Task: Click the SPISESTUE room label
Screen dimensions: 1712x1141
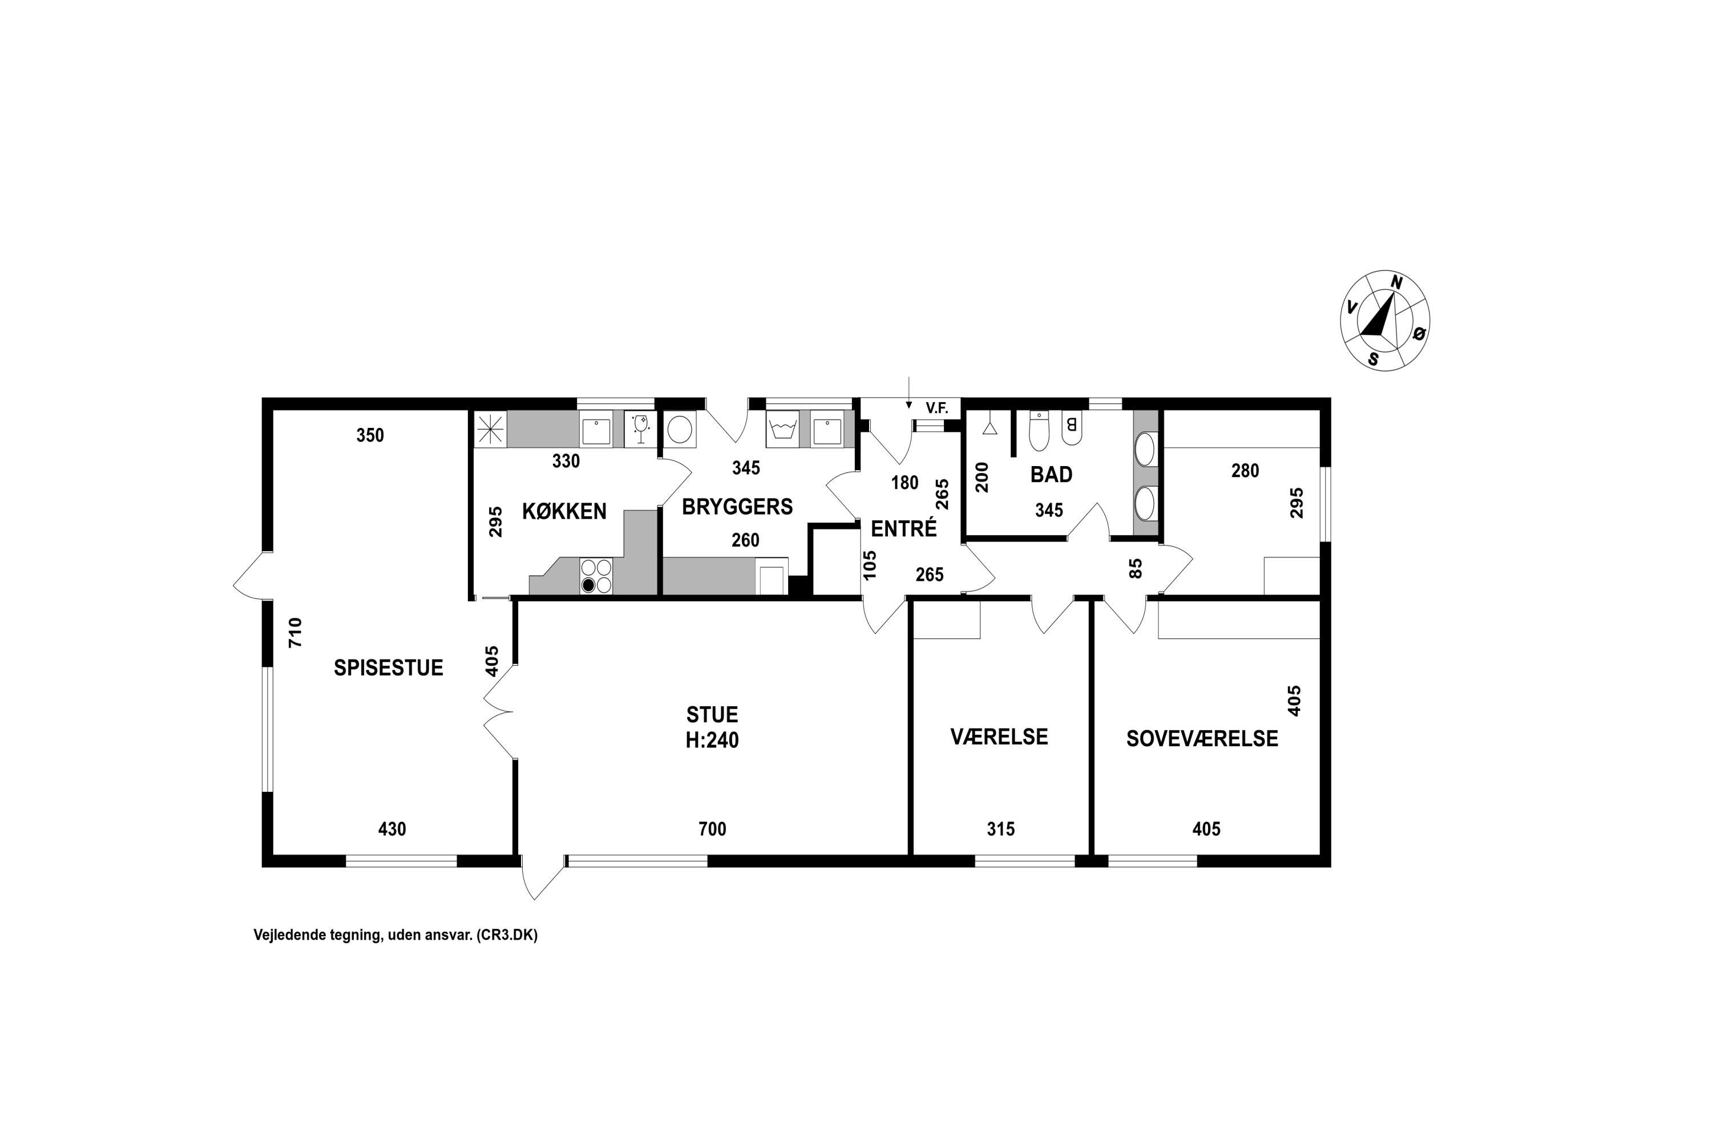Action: pyautogui.click(x=388, y=667)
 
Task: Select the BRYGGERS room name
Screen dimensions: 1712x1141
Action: pyautogui.click(x=737, y=507)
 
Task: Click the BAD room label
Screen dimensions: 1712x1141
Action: pyautogui.click(x=1051, y=475)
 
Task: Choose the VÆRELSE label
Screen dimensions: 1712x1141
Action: pyautogui.click(x=999, y=737)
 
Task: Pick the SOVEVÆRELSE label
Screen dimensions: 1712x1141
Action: pyautogui.click(x=1202, y=739)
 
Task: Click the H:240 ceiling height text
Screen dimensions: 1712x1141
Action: pyautogui.click(x=712, y=740)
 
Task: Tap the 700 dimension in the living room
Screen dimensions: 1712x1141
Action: pyautogui.click(x=712, y=829)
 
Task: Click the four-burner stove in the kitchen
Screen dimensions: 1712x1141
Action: pyautogui.click(x=596, y=576)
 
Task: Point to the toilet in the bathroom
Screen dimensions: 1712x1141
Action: pyautogui.click(x=1039, y=430)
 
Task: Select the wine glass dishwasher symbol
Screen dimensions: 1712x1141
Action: pyautogui.click(x=640, y=428)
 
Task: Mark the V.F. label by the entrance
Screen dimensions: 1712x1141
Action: pyautogui.click(x=937, y=408)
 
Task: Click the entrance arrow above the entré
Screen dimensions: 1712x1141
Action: pyautogui.click(x=909, y=393)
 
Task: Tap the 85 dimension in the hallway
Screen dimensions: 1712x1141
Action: pyautogui.click(x=1135, y=568)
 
